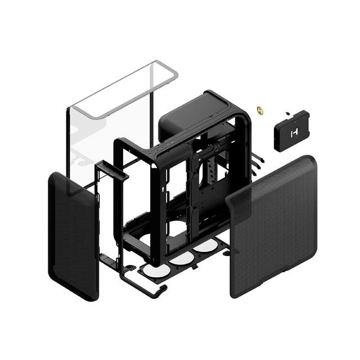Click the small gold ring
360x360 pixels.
260,109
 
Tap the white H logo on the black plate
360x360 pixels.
293,134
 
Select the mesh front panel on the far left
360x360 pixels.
73,236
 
